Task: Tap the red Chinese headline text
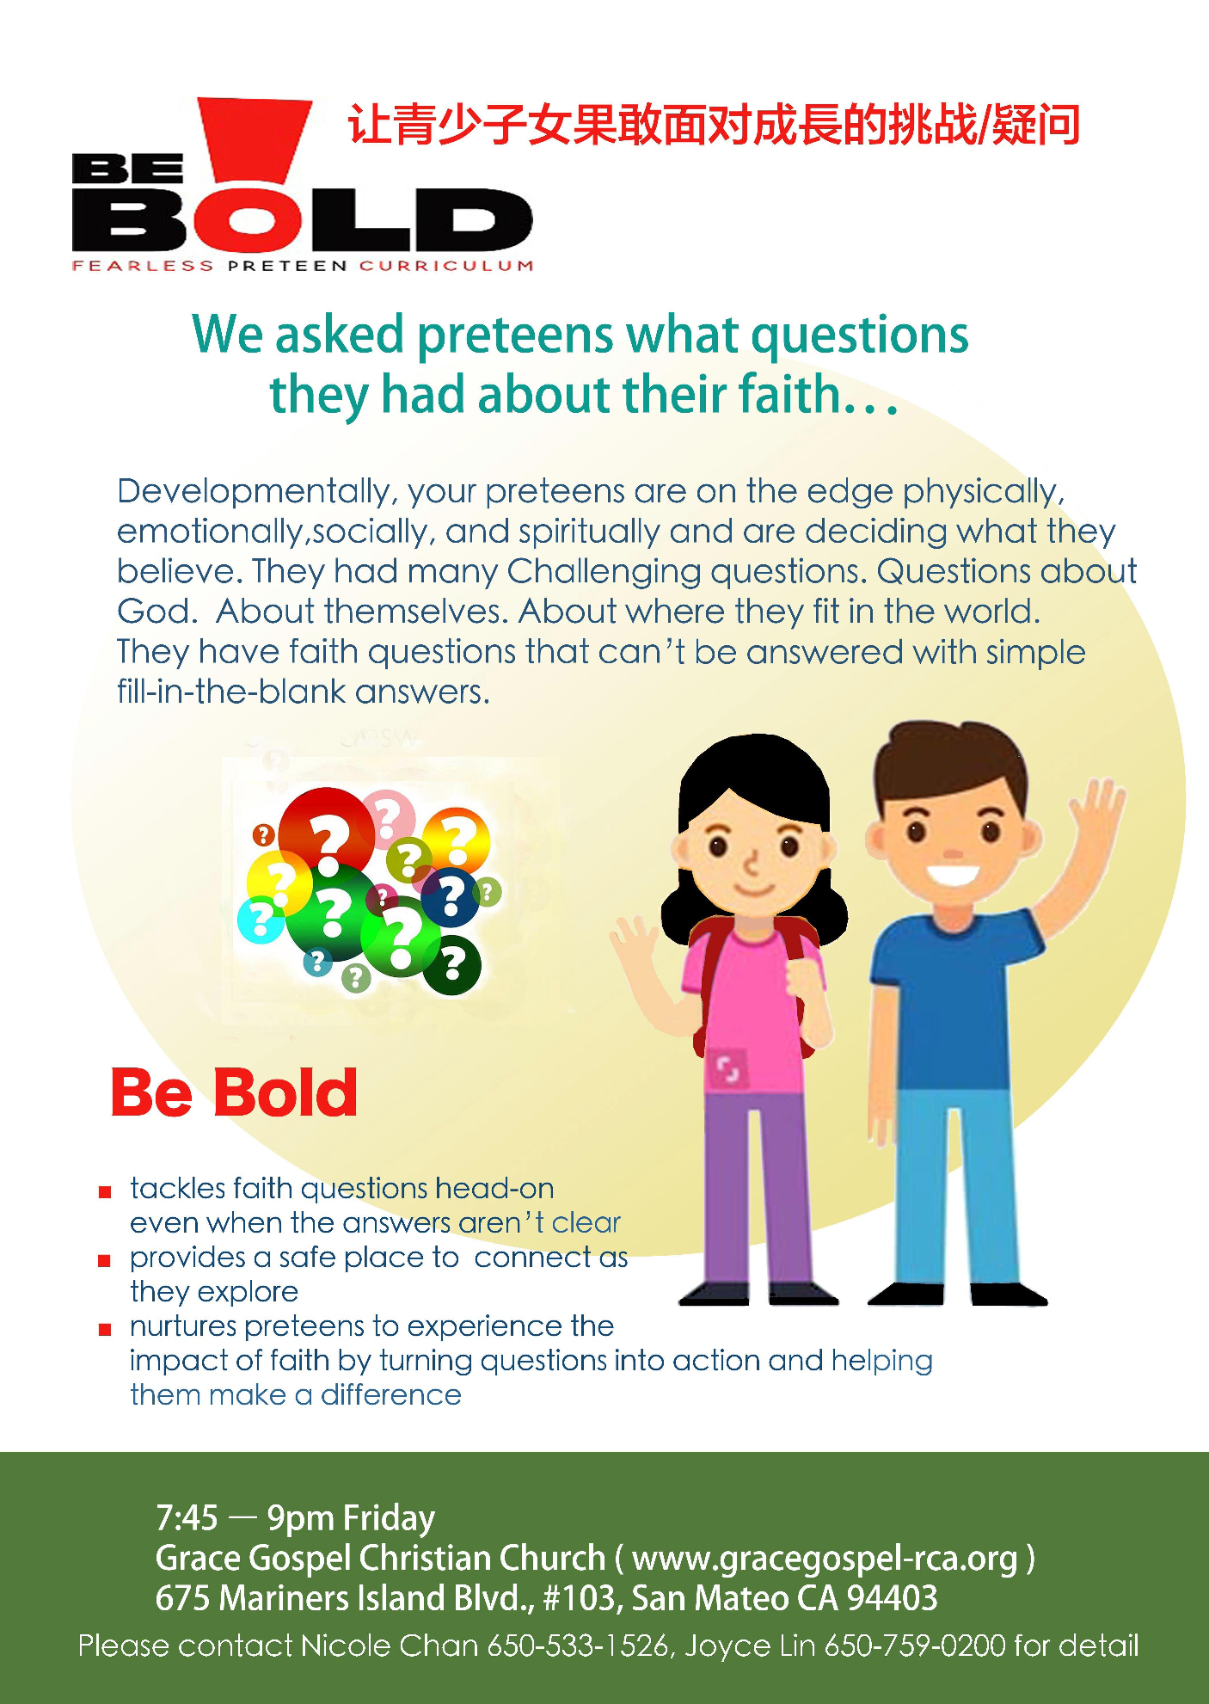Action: tap(714, 125)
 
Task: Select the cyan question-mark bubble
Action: tap(260, 920)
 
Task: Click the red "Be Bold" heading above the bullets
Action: tap(234, 1092)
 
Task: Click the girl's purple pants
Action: tap(757, 1187)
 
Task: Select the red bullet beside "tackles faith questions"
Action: tap(105, 1192)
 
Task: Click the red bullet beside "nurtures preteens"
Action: tap(105, 1330)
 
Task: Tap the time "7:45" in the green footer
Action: tap(187, 1518)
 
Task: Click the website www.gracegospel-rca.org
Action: tap(825, 1559)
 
